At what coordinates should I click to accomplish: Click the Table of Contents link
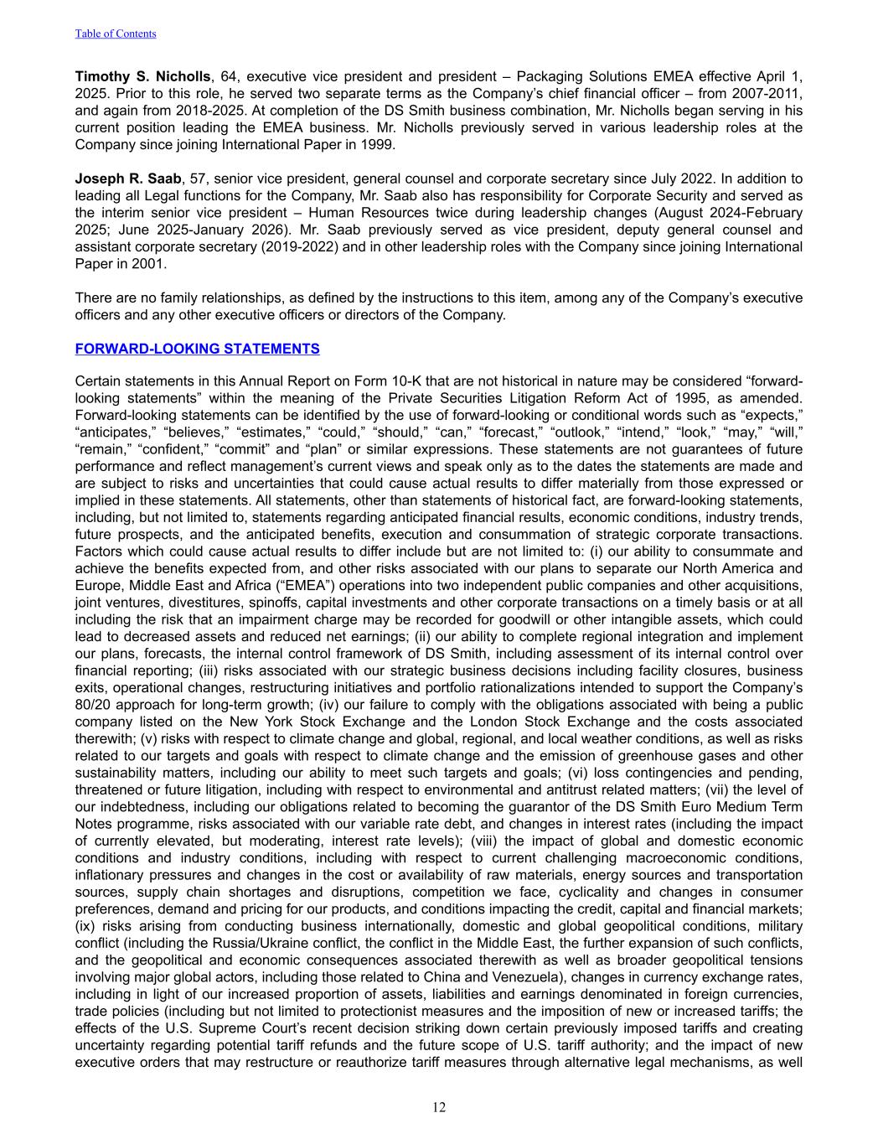pyautogui.click(x=116, y=34)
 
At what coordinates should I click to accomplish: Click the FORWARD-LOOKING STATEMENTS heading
pyautogui.click(x=197, y=349)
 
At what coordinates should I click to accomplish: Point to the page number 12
pyautogui.click(x=439, y=1108)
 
